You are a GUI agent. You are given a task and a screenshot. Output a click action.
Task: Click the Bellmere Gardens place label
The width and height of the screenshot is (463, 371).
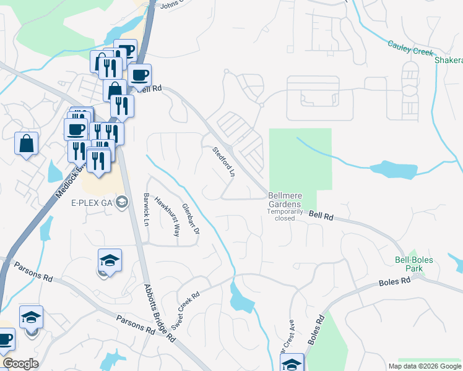(284, 200)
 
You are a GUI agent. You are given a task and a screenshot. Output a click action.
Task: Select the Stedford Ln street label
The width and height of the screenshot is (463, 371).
(224, 162)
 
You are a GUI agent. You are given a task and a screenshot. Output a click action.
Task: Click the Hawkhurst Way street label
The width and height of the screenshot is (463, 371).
(167, 216)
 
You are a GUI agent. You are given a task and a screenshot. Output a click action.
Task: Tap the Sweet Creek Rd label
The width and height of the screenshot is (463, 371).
(185, 310)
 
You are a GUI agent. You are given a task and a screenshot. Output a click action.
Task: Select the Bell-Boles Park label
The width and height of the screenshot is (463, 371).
(414, 264)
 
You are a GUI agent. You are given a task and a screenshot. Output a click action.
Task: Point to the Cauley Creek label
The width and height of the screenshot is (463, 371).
(410, 48)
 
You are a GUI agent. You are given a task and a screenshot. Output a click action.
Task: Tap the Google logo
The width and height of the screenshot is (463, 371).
(20, 364)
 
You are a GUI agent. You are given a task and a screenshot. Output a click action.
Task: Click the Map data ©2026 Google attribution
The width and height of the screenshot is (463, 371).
(425, 366)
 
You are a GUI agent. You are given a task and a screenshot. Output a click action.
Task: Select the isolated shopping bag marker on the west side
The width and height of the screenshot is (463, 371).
(27, 144)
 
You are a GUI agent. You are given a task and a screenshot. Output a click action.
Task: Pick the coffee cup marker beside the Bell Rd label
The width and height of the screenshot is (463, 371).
(140, 75)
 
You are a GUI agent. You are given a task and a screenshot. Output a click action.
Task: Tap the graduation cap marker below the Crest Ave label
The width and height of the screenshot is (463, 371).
(292, 363)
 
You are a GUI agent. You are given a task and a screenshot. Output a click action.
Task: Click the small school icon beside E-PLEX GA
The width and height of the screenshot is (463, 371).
(122, 202)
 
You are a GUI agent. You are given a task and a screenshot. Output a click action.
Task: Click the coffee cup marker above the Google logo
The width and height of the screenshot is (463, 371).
(6, 339)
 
